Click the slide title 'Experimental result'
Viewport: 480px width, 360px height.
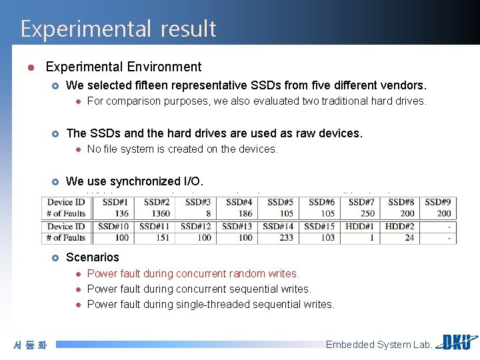tap(118, 29)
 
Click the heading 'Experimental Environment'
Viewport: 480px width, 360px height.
tap(123, 67)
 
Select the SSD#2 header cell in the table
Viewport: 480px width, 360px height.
tap(157, 202)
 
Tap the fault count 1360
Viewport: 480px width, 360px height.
tap(161, 213)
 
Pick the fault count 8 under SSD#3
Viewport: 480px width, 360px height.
tap(208, 213)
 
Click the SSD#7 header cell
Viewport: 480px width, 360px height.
tap(361, 202)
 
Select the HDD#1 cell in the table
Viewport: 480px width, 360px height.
tap(360, 226)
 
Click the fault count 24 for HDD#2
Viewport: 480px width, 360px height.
tap(409, 237)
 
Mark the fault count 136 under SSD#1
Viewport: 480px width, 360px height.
tap(121, 213)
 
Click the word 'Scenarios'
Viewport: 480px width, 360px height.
tap(93, 257)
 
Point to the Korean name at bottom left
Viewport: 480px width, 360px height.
tap(31, 345)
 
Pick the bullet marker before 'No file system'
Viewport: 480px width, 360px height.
tap(77, 149)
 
